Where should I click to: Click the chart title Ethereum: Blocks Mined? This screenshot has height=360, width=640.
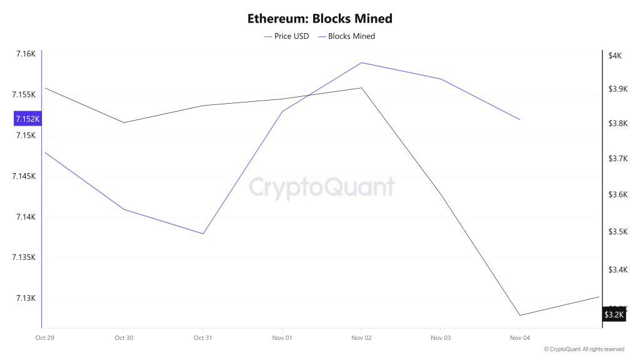coord(319,19)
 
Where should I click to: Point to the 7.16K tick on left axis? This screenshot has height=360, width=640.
coord(26,54)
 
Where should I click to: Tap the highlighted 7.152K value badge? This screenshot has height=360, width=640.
coord(27,119)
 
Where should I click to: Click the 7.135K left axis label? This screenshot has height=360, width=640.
coord(24,257)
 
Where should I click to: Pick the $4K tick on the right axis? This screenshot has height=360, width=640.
coord(615,56)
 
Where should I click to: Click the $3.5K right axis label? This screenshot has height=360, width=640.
coord(617,232)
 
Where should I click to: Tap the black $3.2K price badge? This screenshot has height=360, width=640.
coord(614,314)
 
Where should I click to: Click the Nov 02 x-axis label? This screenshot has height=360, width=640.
coord(361,337)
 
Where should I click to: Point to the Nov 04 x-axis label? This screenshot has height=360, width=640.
coord(519,337)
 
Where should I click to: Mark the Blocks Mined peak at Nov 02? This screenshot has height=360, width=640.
coord(361,62)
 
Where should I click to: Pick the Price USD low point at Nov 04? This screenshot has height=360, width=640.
coord(519,315)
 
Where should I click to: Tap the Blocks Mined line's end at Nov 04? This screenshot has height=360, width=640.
coord(519,119)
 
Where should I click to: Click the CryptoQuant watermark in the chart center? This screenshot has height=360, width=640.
coord(322,187)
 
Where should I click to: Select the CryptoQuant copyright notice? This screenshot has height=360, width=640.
coord(584,349)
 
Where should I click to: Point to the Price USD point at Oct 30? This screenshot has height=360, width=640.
coord(124,122)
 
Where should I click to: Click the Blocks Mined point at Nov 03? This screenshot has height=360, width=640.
coord(441,79)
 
